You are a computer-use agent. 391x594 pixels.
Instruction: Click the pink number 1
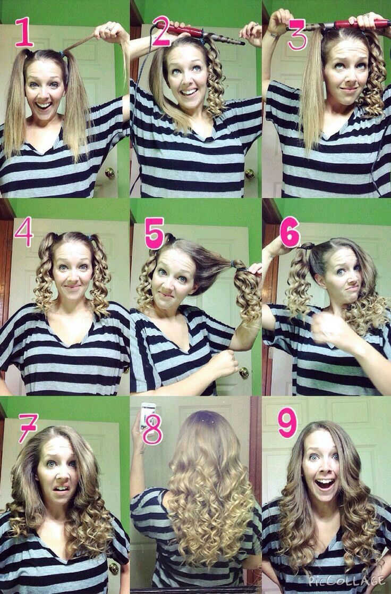point(24,32)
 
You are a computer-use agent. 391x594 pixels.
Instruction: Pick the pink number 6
point(290,232)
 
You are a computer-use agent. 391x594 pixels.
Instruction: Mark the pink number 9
point(287,422)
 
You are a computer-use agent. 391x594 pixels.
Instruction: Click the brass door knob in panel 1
point(110,173)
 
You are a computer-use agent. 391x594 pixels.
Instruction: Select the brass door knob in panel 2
point(250,174)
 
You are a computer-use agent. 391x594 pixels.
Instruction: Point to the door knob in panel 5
point(244,373)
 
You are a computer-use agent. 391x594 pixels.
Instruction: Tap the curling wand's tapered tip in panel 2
point(241,43)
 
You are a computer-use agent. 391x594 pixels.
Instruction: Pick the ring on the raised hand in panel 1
point(108,28)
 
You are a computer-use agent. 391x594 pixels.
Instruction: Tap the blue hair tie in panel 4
point(90,238)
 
